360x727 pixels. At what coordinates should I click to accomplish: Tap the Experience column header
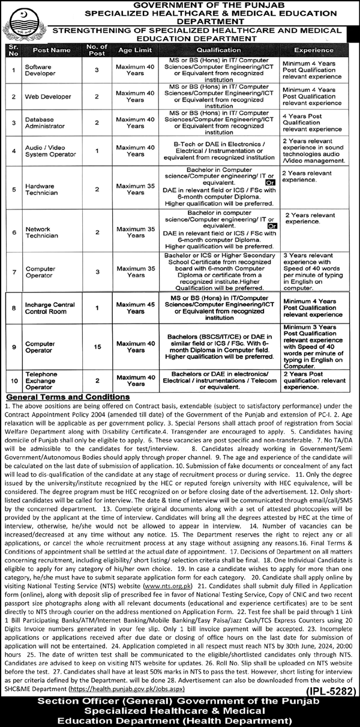[314, 51]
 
